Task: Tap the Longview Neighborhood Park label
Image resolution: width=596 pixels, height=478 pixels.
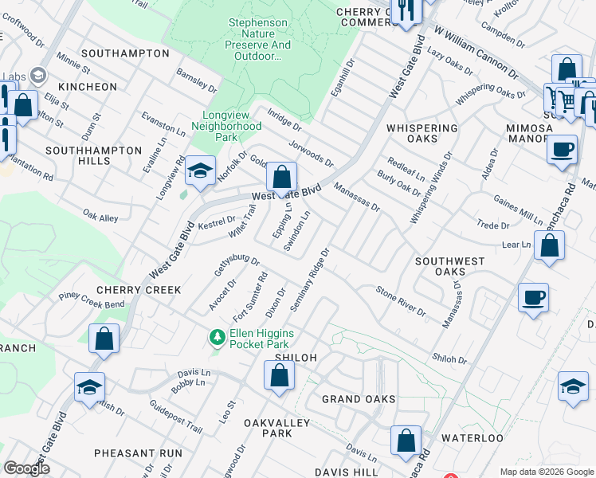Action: [x=232, y=126]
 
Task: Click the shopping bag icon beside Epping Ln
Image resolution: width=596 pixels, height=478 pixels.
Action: [x=281, y=178]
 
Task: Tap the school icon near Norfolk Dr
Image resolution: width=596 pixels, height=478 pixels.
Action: [x=199, y=171]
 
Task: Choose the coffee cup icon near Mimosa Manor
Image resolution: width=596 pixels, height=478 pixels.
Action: [x=562, y=149]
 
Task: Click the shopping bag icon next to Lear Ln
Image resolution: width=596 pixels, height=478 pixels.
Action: [x=549, y=247]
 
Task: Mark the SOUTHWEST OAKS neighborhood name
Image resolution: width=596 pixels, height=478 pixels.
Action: [x=450, y=267]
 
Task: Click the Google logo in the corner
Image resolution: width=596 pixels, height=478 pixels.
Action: [x=26, y=468]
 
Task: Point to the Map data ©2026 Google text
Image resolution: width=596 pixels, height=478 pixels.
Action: [x=546, y=472]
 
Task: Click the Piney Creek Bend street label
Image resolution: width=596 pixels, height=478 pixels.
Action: [x=92, y=300]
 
